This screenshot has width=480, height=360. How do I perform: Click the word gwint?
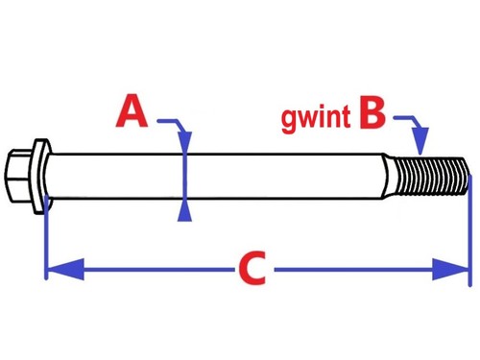(x=317, y=118)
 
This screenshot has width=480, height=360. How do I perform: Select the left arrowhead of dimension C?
(x=58, y=270)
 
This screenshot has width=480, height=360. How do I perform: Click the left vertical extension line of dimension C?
(x=46, y=240)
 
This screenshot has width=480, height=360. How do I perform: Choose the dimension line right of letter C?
(x=355, y=270)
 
